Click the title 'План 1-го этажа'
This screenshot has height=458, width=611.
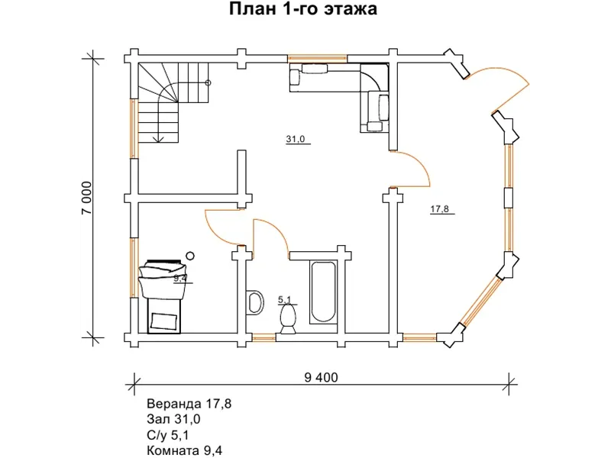point(302,11)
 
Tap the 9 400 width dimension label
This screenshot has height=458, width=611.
point(320,377)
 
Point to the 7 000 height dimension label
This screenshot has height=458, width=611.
point(86,198)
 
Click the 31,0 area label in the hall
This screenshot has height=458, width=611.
point(296,139)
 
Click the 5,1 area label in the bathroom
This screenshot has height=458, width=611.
point(285,300)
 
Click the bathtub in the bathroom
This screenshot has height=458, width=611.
point(321,292)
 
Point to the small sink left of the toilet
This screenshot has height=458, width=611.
point(256,301)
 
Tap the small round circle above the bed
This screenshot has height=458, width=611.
point(191,256)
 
